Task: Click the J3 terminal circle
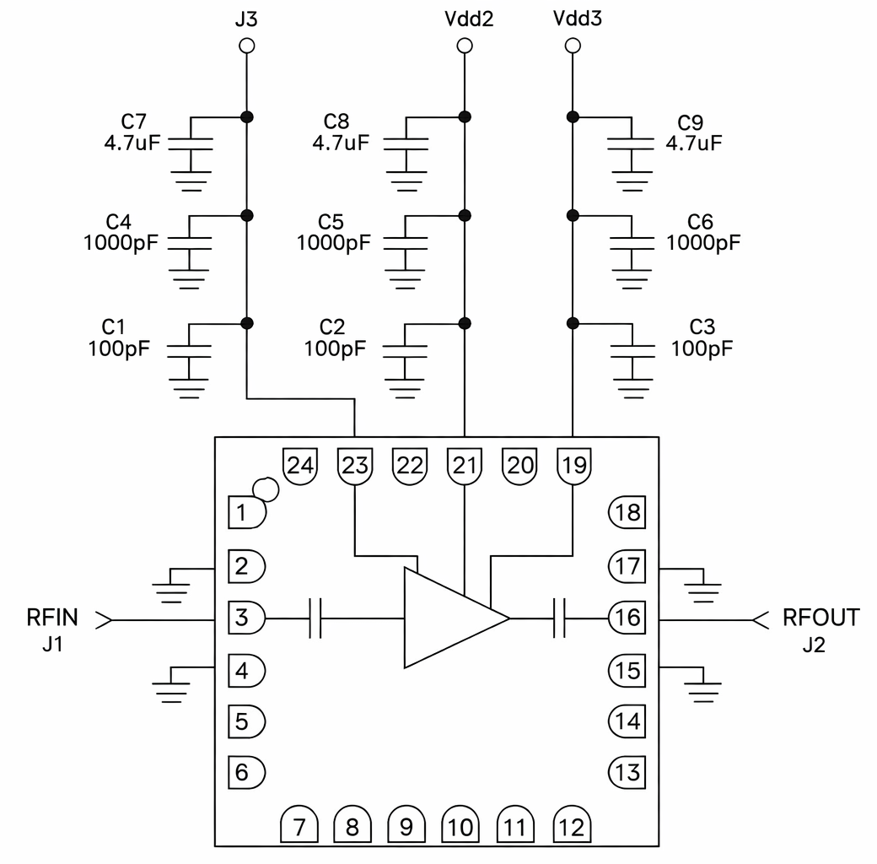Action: (245, 46)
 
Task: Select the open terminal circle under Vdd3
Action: (573, 46)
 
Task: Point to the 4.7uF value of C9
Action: (694, 143)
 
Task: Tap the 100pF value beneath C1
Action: (118, 347)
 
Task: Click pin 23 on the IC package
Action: (355, 465)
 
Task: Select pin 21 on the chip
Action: (464, 465)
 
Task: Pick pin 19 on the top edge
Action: (573, 465)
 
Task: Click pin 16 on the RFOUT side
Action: (626, 618)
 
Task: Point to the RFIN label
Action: (52, 618)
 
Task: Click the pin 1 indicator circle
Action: (266, 489)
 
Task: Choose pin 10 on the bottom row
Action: (460, 827)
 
